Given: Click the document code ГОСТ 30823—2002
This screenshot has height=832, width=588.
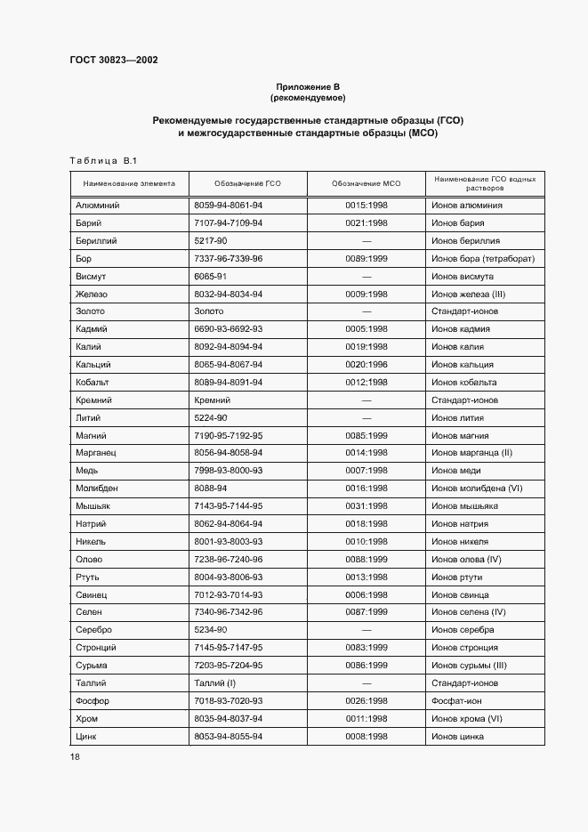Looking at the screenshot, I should tap(114, 61).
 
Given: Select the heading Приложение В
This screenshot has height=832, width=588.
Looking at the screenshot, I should tap(308, 86).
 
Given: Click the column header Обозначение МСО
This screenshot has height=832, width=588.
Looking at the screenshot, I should tap(366, 184).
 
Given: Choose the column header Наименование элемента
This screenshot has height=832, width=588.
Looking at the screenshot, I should tap(129, 184).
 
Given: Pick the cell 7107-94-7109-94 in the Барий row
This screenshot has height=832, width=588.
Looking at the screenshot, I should tap(228, 222).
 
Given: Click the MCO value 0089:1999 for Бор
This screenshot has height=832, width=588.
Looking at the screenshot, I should tap(366, 258).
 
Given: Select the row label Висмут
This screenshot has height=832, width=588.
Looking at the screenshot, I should tap(92, 276).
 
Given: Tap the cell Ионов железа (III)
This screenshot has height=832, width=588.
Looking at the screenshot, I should tap(469, 294).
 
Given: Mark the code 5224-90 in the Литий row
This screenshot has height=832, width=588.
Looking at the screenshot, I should tap(210, 417).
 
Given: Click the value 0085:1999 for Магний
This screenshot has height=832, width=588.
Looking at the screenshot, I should tap(366, 435).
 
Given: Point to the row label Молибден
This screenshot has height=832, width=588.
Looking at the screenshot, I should tap(97, 489).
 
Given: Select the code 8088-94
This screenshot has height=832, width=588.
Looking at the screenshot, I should tap(210, 489).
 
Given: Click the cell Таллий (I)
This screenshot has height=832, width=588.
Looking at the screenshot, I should tap(214, 683).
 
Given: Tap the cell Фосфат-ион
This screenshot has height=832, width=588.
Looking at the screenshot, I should tap(456, 700).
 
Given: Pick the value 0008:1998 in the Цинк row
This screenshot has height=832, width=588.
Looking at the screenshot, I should tap(366, 736).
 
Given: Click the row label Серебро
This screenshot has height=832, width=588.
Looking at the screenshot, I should tap(95, 630).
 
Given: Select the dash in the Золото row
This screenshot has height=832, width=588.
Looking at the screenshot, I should tap(366, 311).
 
